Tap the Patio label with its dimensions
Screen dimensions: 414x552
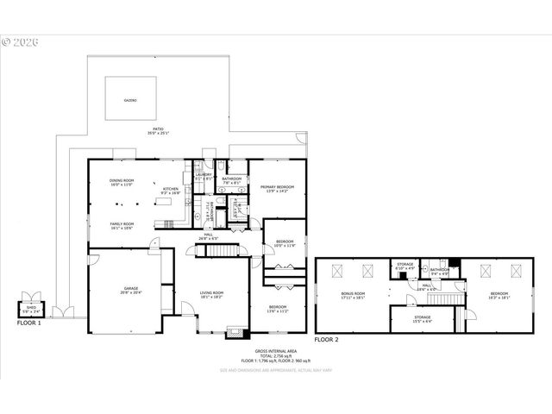pos(157,132)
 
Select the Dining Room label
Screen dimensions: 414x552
pos(122,182)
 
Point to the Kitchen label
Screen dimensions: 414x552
pos(171,191)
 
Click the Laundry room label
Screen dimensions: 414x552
pos(204,177)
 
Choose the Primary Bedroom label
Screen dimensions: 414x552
pos(273,188)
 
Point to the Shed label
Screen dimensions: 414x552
pos(30,309)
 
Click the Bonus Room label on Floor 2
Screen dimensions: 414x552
pos(354,295)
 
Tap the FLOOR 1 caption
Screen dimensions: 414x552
pos(29,323)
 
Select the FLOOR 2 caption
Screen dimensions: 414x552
pos(327,341)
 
